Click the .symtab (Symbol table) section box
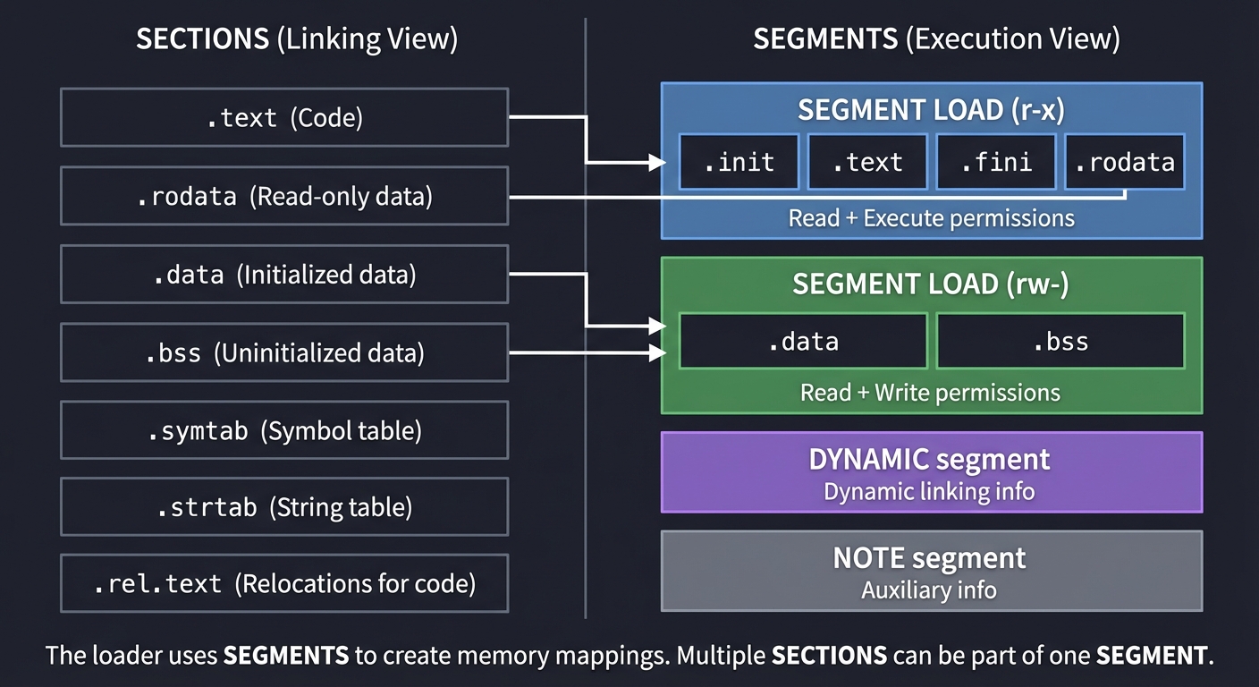[x=283, y=430]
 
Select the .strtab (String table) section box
[x=283, y=507]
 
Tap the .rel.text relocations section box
[x=283, y=584]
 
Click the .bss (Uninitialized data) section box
[x=283, y=353]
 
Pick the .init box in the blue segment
[x=739, y=162]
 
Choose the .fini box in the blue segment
[x=995, y=162]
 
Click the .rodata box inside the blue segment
[x=1124, y=162]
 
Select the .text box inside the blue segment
[x=866, y=162]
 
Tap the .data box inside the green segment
[x=802, y=341]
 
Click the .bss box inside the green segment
[x=1060, y=341]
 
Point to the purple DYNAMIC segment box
[x=931, y=472]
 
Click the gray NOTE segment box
[x=931, y=571]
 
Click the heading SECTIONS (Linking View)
[x=297, y=39]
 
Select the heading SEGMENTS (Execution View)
[x=936, y=39]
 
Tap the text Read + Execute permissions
[x=931, y=218]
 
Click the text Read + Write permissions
[x=930, y=393]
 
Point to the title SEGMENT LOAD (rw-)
[x=931, y=284]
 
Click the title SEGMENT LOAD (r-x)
[x=931, y=110]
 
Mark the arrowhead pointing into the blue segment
[x=659, y=163]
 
